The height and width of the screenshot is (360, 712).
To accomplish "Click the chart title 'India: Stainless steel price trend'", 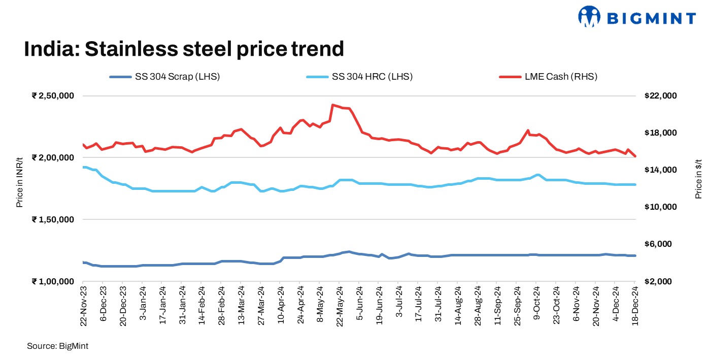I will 184,49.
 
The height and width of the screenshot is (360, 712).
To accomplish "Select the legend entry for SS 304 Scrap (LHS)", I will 164,77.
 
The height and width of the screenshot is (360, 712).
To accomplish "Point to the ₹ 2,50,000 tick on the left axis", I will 53,96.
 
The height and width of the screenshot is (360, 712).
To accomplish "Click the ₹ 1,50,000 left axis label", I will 53,219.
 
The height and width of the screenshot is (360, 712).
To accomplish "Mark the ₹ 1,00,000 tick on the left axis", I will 53,281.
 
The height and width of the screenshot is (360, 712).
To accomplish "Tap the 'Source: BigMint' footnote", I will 58,346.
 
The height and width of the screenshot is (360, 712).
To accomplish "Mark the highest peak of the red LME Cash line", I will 332,105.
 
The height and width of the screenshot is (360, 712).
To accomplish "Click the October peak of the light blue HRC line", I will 537,175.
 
